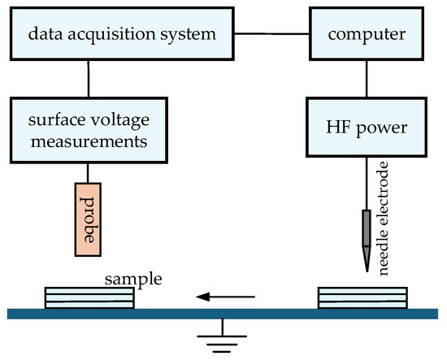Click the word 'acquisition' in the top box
(111, 35)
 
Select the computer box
(367, 34)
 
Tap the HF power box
(367, 127)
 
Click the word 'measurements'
(89, 141)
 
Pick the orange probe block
(88, 219)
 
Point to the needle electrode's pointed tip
(367, 271)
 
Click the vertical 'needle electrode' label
(384, 219)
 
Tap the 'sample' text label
(133, 280)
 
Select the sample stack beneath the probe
(89, 298)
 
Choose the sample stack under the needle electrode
(362, 298)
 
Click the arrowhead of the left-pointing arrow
(202, 297)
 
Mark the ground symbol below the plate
(222, 336)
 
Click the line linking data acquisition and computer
(271, 33)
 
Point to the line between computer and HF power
(367, 79)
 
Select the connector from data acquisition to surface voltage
(89, 79)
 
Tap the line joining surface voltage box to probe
(88, 173)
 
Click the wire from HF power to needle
(367, 184)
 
